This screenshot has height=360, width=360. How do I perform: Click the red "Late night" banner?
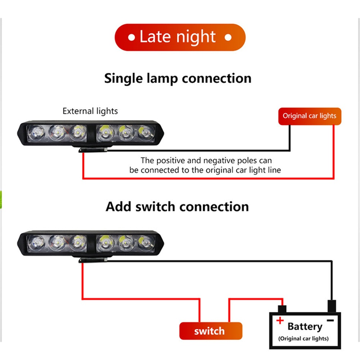180,37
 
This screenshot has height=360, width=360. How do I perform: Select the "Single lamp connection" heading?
178,78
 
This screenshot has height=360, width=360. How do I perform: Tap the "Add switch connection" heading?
177,207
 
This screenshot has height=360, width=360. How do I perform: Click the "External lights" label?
90,111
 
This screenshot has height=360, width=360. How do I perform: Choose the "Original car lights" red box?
309,116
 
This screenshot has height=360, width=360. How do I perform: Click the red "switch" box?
211,331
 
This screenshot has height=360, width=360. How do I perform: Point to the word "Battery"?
305,327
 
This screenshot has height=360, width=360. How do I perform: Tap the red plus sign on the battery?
280,320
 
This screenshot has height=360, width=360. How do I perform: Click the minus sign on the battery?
330,320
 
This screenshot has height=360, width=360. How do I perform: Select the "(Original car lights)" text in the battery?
303,338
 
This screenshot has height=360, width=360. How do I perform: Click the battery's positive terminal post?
282,309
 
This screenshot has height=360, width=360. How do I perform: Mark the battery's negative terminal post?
331,306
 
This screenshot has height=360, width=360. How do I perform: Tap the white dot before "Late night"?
132,37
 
